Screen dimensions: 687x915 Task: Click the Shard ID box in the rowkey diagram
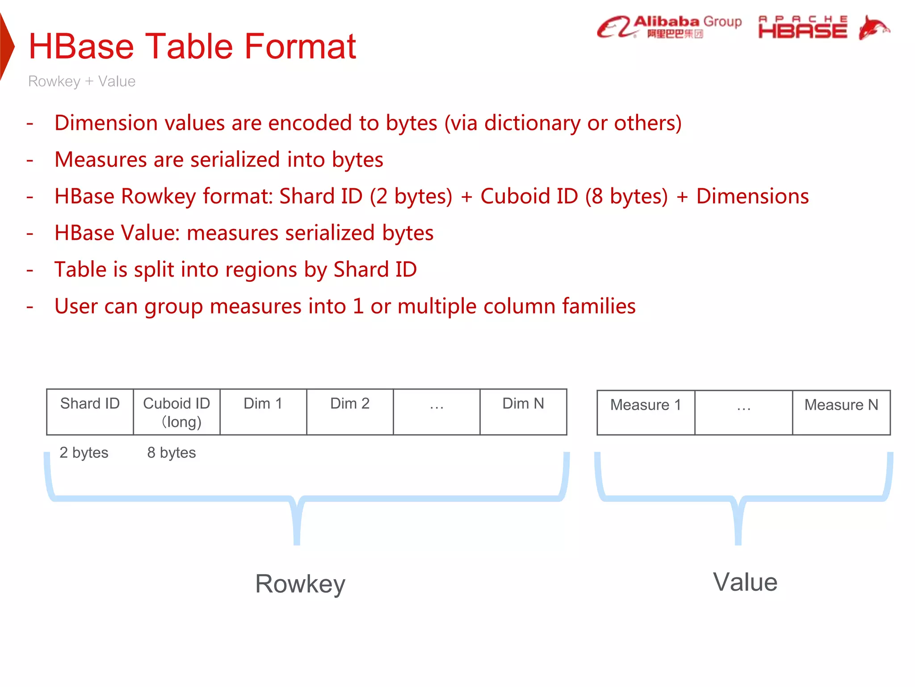pos(90,412)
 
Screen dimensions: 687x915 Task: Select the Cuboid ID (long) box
pos(176,412)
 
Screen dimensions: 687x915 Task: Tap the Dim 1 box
pos(263,412)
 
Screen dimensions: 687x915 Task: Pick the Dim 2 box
pos(350,412)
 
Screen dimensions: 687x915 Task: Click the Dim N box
pos(523,412)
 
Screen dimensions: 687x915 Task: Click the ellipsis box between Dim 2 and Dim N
pos(437,412)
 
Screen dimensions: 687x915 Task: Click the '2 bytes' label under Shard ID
pos(84,453)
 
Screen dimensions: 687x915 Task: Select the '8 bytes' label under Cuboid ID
pos(172,453)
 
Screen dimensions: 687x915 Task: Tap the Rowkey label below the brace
pos(300,584)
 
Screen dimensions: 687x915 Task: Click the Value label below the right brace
pos(745,582)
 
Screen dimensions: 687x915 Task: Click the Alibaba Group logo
pos(669,27)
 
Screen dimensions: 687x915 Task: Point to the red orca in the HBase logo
pos(873,28)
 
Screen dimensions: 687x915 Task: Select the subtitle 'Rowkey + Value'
pos(82,81)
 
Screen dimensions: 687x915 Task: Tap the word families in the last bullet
pos(599,306)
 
